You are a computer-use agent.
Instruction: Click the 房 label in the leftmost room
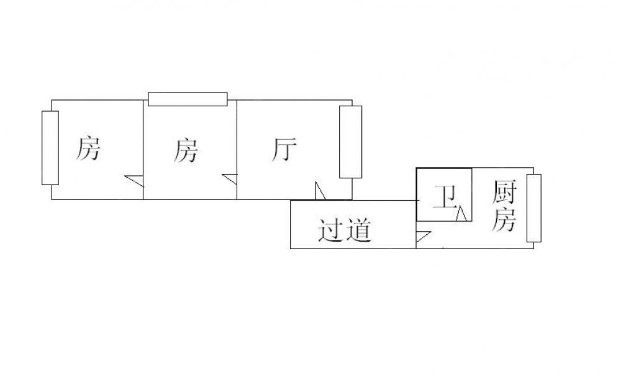pyautogui.click(x=88, y=149)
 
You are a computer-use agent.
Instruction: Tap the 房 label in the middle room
pyautogui.click(x=186, y=151)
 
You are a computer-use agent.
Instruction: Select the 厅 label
pyautogui.click(x=284, y=150)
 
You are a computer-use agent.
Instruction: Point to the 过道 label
pyautogui.click(x=345, y=230)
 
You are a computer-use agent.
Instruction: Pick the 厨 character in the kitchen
pyautogui.click(x=504, y=193)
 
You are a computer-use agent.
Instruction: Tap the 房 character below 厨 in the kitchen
pyautogui.click(x=504, y=219)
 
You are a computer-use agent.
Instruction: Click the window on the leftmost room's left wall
pyautogui.click(x=50, y=148)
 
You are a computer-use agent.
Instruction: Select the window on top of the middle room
pyautogui.click(x=188, y=99)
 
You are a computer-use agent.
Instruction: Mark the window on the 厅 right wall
pyautogui.click(x=350, y=142)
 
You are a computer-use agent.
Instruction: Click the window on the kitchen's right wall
pyautogui.click(x=533, y=208)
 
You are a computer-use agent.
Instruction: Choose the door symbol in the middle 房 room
pyautogui.click(x=230, y=180)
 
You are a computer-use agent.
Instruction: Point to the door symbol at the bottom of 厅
pyautogui.click(x=320, y=191)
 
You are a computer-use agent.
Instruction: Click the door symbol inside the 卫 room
pyautogui.click(x=461, y=214)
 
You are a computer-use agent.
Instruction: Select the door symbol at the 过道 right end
pyautogui.click(x=422, y=237)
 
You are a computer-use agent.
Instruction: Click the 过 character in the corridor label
pyautogui.click(x=330, y=230)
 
